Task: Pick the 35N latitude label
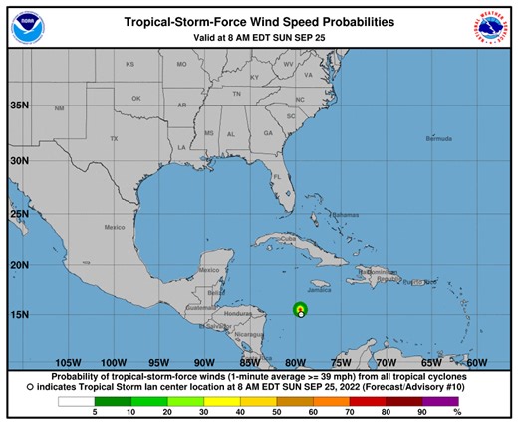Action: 18,104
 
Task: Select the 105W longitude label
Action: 69,362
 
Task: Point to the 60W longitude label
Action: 477,362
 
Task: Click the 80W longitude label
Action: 295,362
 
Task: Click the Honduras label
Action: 236,314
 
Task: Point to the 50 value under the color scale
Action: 277,411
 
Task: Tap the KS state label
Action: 129,64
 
